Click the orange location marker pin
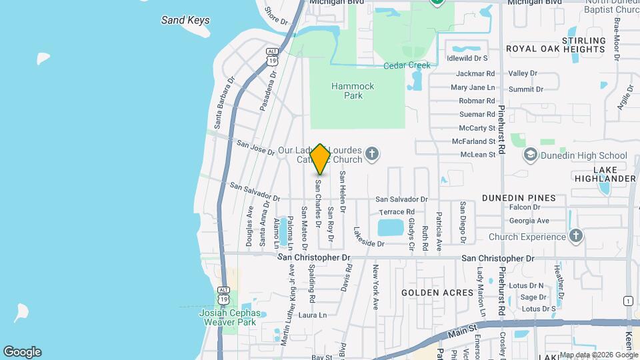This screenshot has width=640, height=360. [320, 159]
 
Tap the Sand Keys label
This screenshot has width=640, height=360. [185, 20]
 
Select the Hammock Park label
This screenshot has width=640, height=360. [353, 91]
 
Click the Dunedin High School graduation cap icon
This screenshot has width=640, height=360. [531, 156]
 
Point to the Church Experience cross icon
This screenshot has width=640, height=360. [576, 236]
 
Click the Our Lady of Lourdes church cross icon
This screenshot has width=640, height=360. [373, 155]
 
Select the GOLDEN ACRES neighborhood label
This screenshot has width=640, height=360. [437, 293]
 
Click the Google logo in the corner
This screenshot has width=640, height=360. [22, 352]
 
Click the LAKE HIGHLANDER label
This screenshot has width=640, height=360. [604, 174]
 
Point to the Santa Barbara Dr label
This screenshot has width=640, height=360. [224, 102]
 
